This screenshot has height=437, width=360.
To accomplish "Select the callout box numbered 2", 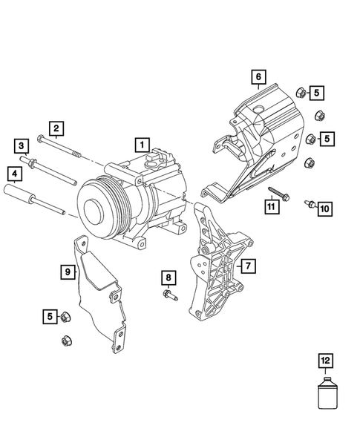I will pos(56,128).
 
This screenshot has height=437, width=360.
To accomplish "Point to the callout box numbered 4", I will pos(13,175).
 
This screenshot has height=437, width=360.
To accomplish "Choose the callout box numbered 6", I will pos(258,77).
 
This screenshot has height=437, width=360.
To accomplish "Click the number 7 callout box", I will pos(247,265).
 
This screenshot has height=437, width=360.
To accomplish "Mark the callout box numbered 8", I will pos(168,278).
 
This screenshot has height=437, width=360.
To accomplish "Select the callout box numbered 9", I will pos(68,272).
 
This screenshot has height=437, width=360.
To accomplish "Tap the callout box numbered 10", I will pos(324,210).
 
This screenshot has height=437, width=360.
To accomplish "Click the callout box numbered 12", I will pos(324,361).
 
